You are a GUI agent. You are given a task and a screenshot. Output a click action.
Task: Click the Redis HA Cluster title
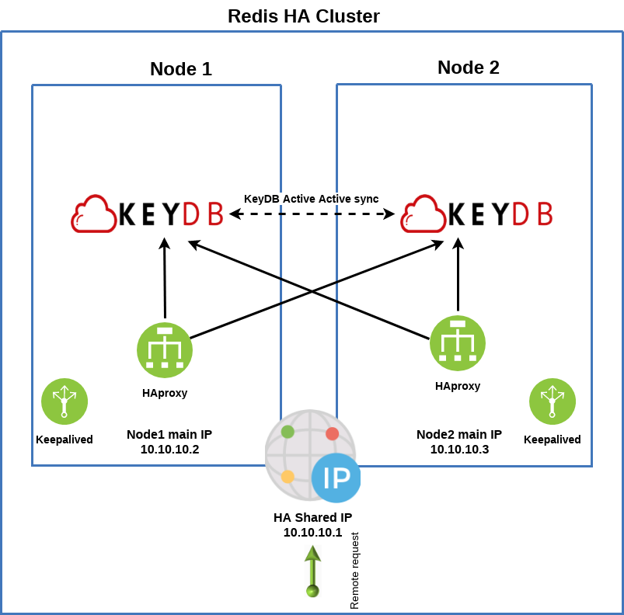tap(303, 16)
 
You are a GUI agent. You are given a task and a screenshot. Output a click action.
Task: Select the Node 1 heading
tap(180, 69)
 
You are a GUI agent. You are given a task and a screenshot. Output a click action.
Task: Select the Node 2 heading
tap(468, 68)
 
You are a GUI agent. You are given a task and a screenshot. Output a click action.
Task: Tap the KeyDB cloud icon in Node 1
tap(93, 214)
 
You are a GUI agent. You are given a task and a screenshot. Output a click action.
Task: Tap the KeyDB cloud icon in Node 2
tap(423, 214)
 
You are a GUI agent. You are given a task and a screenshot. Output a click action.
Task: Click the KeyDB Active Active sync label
tap(311, 199)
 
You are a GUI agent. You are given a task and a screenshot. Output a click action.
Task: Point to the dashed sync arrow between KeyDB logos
tap(312, 215)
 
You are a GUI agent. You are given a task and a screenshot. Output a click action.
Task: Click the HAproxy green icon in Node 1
tap(165, 350)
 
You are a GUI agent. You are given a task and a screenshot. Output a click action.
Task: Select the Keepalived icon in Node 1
tap(64, 401)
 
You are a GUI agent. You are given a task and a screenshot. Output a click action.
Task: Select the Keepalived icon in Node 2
tap(553, 401)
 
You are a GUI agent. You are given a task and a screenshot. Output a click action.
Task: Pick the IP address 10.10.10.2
tap(169, 450)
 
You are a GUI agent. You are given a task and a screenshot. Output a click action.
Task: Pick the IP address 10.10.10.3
tap(459, 449)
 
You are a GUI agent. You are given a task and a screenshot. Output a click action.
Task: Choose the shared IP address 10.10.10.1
tap(312, 532)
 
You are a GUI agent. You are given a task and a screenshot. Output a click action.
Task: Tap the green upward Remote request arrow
tap(312, 570)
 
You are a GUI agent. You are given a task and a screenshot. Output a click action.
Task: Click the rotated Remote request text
tap(355, 571)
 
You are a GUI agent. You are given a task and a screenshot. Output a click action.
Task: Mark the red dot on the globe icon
tap(332, 434)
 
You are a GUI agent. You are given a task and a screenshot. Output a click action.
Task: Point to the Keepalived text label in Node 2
tap(553, 440)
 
